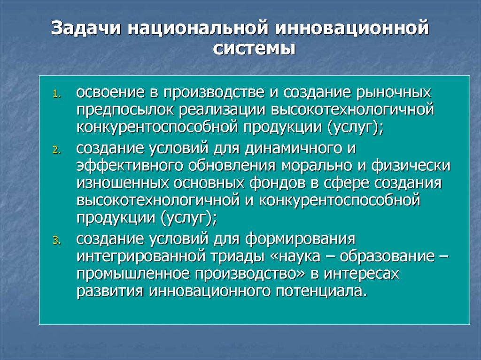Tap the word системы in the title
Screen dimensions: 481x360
pos(254,49)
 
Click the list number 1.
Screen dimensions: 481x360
pos(57,94)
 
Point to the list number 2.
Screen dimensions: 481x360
pos(57,150)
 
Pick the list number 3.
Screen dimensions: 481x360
pos(57,240)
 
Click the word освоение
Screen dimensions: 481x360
pos(110,92)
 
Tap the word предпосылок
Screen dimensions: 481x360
pos(125,110)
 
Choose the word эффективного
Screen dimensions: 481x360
pos(130,166)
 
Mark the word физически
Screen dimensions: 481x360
pos(411,166)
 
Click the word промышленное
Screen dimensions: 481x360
pos(133,274)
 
